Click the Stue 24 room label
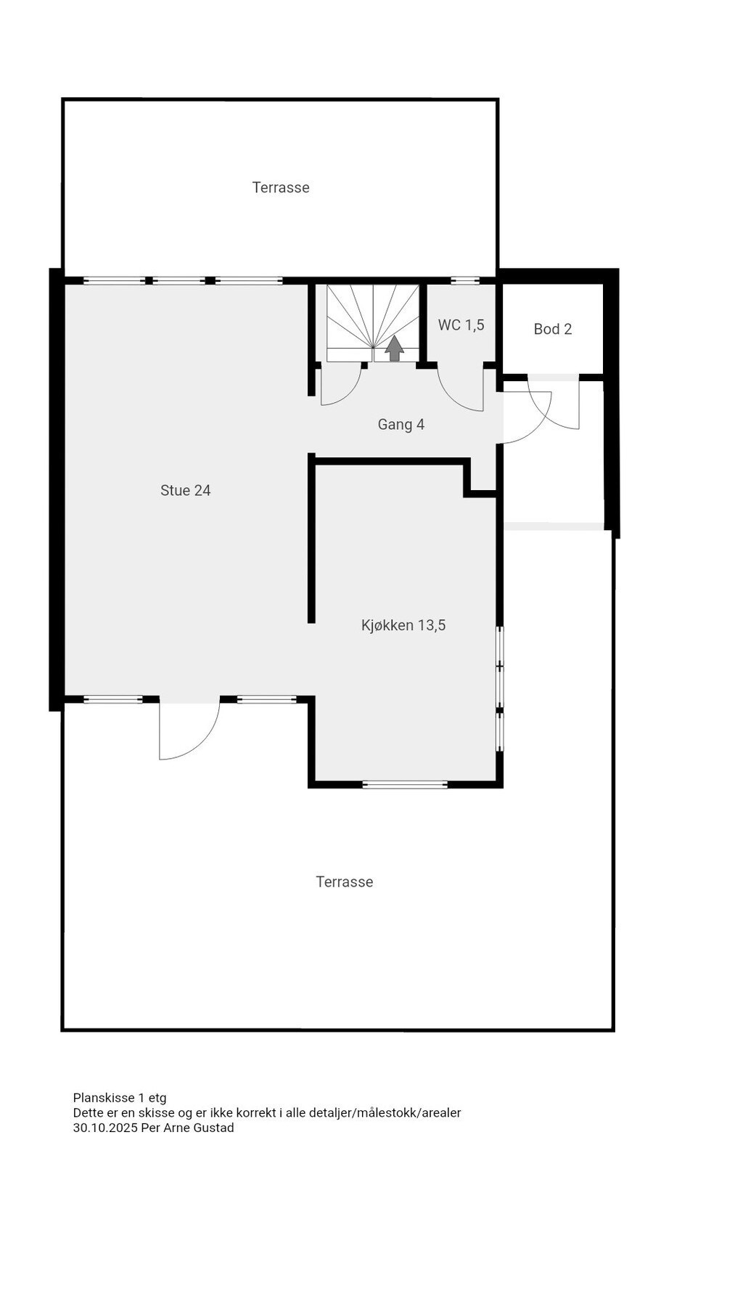coord(185,491)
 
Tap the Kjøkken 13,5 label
coord(403,625)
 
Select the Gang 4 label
coord(401,425)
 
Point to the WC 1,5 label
coord(461,325)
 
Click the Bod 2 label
coord(553,330)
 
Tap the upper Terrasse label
coord(281,188)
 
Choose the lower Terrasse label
coord(345,882)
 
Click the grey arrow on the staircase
coord(394,349)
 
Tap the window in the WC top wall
coord(465,281)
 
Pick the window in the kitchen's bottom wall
coord(405,784)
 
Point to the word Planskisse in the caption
coord(103,1098)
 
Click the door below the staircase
coord(341,385)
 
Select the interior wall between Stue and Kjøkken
coord(311,541)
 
